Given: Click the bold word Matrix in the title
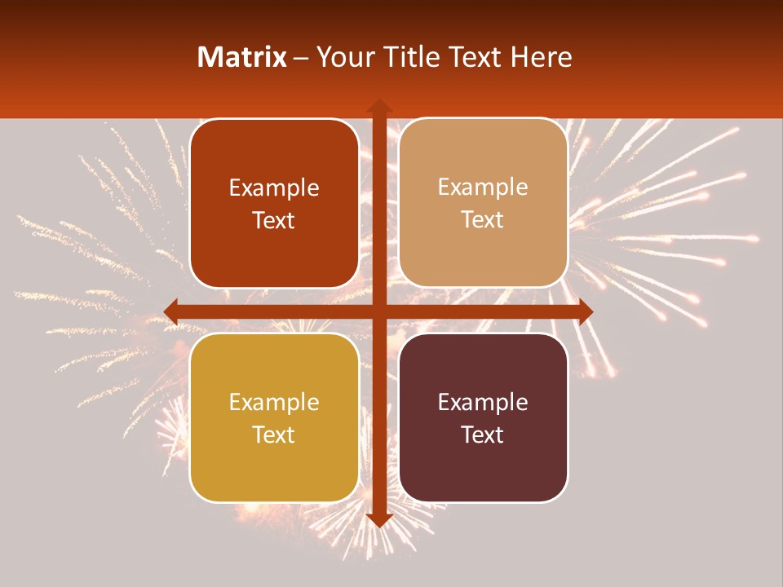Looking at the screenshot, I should [242, 57].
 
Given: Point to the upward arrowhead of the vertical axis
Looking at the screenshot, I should [379, 105].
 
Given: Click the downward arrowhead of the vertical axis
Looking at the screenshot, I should [379, 519].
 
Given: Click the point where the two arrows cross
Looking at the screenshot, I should [379, 311].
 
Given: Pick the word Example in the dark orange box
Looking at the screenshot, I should [273, 188].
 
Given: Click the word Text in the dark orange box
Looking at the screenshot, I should [273, 221].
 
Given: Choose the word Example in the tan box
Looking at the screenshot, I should [483, 188].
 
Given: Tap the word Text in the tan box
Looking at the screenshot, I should [483, 220].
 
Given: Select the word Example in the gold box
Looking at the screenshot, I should [273, 403].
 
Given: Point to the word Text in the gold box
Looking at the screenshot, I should [273, 435].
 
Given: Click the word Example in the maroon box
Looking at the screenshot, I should [483, 403].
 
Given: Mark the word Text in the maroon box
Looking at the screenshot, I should [483, 435].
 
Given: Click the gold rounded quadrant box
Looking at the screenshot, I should [273, 473].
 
